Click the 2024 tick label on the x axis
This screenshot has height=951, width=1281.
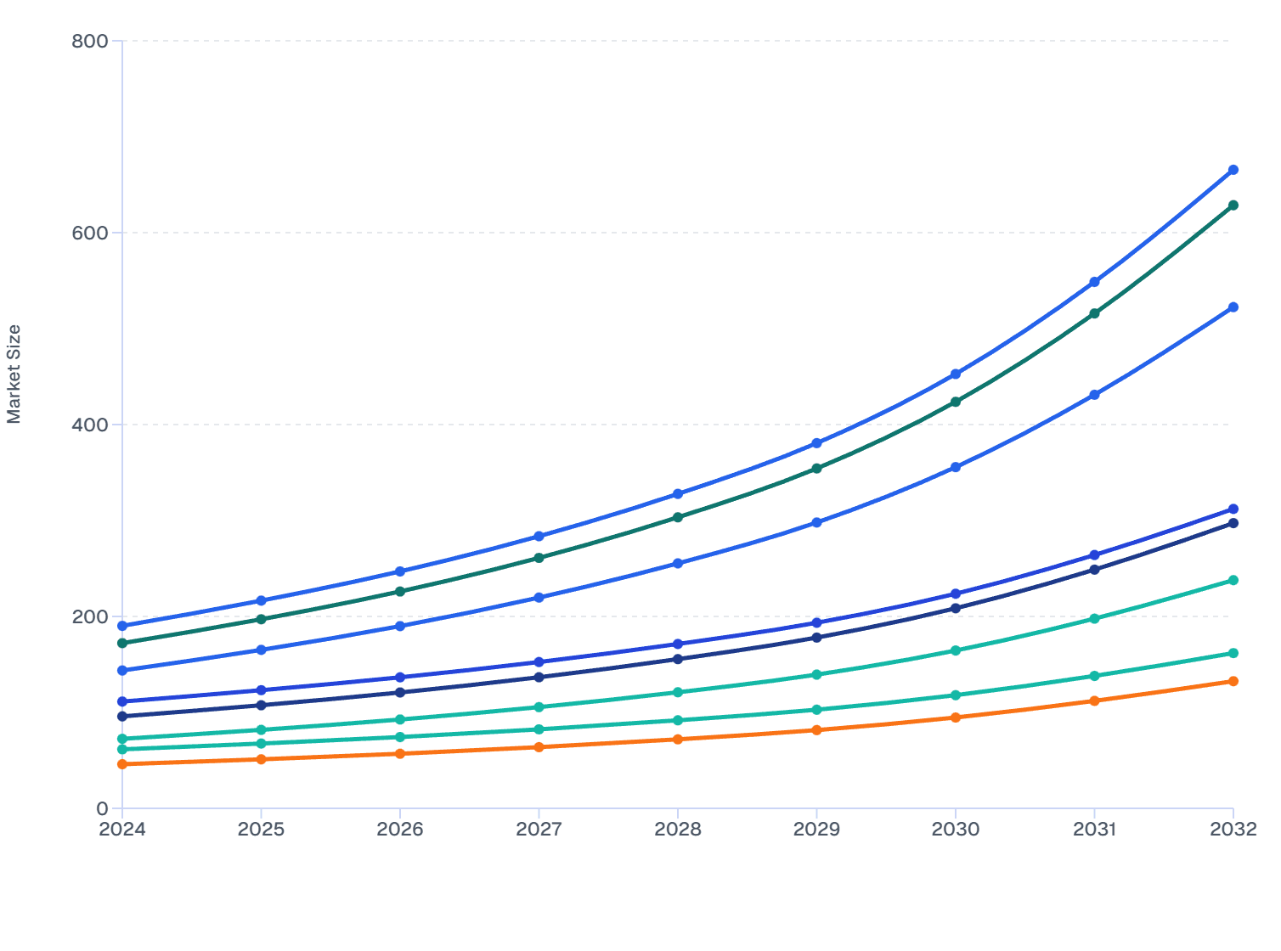point(122,830)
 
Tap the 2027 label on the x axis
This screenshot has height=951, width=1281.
point(539,830)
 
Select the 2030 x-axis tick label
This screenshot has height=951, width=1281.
point(956,830)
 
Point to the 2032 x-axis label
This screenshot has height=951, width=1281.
point(1233,830)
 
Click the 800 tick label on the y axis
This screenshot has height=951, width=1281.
point(89,41)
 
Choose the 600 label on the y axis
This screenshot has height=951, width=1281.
point(89,233)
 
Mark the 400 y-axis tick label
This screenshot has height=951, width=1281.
point(89,425)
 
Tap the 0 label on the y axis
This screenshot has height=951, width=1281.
point(102,808)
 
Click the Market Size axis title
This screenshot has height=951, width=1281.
point(14,374)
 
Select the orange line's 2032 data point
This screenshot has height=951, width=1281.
point(1233,681)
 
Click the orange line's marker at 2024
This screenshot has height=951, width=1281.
point(122,764)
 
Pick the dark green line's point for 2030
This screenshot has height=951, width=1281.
point(956,402)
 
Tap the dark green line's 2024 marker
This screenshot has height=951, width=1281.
point(122,643)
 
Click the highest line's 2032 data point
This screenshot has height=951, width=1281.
point(1233,170)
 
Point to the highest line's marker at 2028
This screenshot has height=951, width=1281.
point(678,494)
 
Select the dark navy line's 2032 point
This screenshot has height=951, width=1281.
point(1233,523)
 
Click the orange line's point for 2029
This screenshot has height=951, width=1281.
point(816,730)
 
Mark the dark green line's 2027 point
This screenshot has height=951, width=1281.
point(539,558)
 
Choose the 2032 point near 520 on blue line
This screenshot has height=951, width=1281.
point(1233,307)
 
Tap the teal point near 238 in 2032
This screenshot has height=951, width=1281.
point(1233,580)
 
